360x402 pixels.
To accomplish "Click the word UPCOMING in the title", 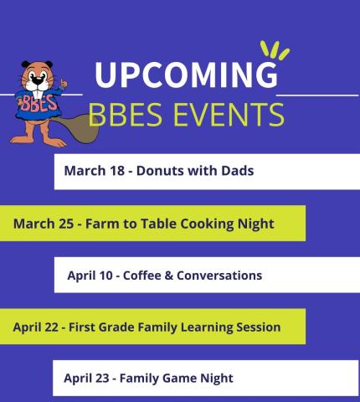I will pos(185,75).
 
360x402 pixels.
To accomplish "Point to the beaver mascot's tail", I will pos(79,125).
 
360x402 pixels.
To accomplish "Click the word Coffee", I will pos(142,275).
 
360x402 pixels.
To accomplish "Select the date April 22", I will pos(36,327).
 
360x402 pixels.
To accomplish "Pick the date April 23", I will pos(87,378).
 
